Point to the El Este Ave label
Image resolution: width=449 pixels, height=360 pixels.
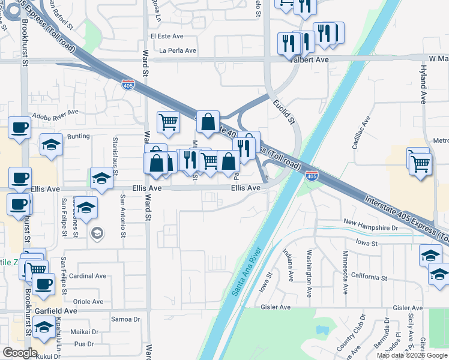tap(167, 36)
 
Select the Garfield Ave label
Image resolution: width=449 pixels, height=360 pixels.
tap(56, 311)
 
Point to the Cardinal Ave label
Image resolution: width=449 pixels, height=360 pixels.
tap(87, 277)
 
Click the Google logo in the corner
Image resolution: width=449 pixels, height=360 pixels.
tap(20, 353)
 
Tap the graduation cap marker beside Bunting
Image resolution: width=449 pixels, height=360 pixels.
tap(52, 145)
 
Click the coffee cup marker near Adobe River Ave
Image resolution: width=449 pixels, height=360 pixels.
tap(19, 128)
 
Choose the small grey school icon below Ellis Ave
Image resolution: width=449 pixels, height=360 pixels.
tap(95, 232)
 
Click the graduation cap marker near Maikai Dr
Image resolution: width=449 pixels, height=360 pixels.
tap(44, 328)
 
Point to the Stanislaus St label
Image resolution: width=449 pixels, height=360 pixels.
tap(115, 152)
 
